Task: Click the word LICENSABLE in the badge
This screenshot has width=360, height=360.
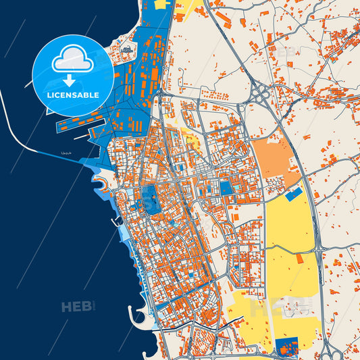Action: (x=72, y=95)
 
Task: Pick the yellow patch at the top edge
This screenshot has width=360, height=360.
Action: (x=163, y=3)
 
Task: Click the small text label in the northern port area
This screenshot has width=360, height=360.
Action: (x=128, y=50)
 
